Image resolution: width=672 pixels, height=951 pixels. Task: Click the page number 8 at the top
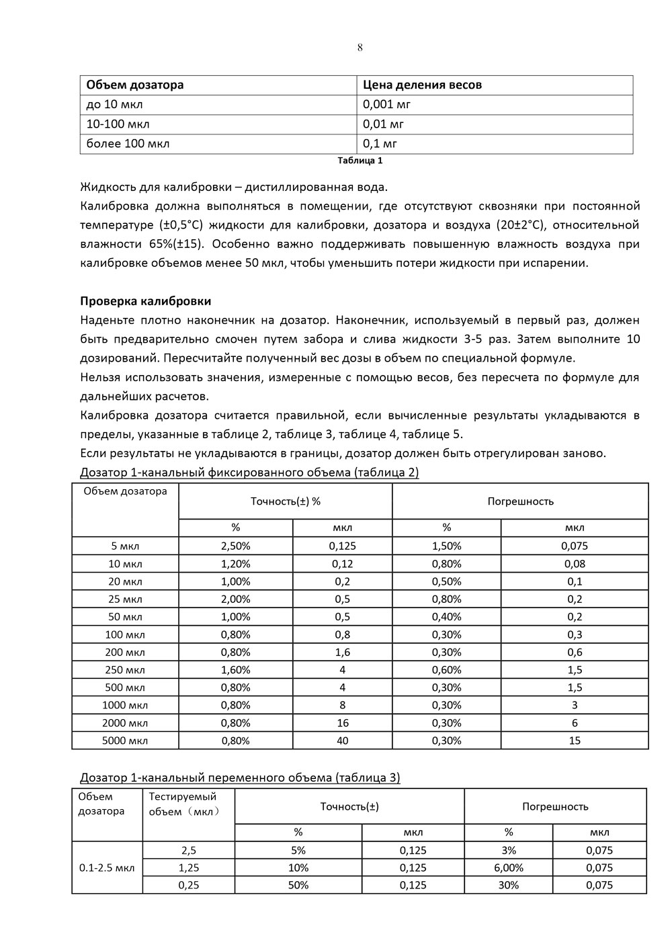tap(360, 47)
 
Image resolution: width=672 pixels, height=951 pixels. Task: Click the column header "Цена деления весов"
tap(422, 85)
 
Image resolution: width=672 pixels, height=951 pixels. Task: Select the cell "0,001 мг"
tap(386, 104)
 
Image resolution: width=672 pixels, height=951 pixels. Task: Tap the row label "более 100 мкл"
tap(128, 143)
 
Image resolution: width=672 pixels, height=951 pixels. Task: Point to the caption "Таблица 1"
tap(360, 161)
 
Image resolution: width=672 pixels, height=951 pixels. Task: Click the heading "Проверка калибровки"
tap(146, 300)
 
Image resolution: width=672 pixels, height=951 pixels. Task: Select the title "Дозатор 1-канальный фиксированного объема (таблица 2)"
tap(249, 472)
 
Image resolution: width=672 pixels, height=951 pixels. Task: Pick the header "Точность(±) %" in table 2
tap(286, 501)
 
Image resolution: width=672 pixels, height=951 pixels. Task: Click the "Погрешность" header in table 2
tap(520, 501)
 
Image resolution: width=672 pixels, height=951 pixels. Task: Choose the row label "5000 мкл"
tap(125, 741)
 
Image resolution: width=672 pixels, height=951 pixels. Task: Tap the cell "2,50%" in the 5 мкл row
tap(236, 546)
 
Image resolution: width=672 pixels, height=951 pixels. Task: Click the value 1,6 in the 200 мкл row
tap(343, 652)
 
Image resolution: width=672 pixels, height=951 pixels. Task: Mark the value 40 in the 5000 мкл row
tap(343, 741)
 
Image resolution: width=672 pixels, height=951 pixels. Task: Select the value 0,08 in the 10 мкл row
tap(575, 564)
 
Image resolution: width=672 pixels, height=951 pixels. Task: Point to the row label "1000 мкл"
tap(125, 705)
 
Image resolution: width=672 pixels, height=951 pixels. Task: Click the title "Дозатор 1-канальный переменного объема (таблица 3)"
tap(240, 778)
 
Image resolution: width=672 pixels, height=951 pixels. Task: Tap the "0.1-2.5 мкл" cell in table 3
tap(107, 868)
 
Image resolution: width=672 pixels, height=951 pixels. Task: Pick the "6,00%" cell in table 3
tap(509, 868)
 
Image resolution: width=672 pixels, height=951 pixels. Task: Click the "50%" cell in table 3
tap(298, 885)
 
